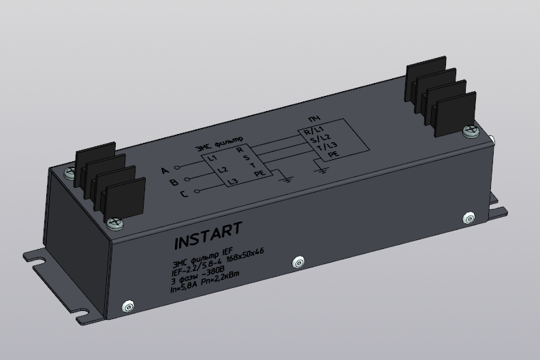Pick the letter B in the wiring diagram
[x=174, y=182]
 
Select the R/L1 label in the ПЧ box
[x=314, y=130]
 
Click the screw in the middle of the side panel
[x=297, y=263]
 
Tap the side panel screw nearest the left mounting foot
[x=126, y=307]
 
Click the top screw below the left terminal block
[x=115, y=222]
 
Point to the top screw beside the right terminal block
[x=469, y=130]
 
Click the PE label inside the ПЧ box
[x=334, y=154]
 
